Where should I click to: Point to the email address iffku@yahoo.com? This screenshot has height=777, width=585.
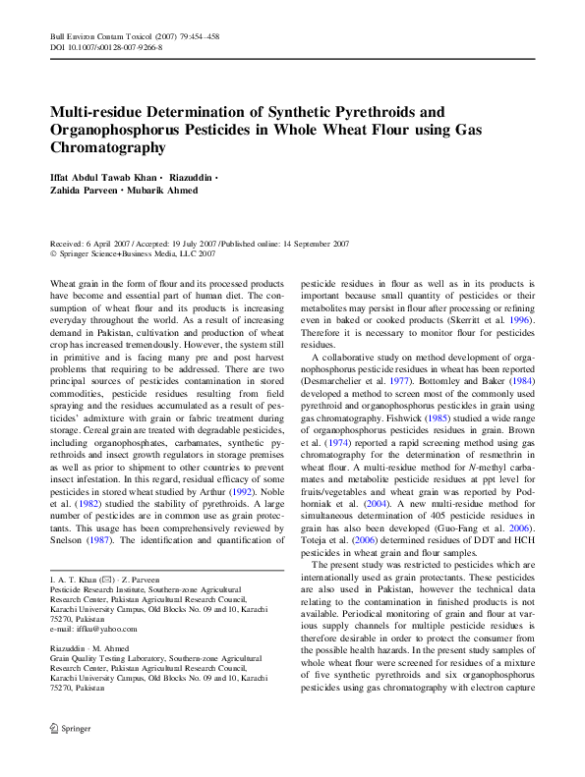coord(94,630)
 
